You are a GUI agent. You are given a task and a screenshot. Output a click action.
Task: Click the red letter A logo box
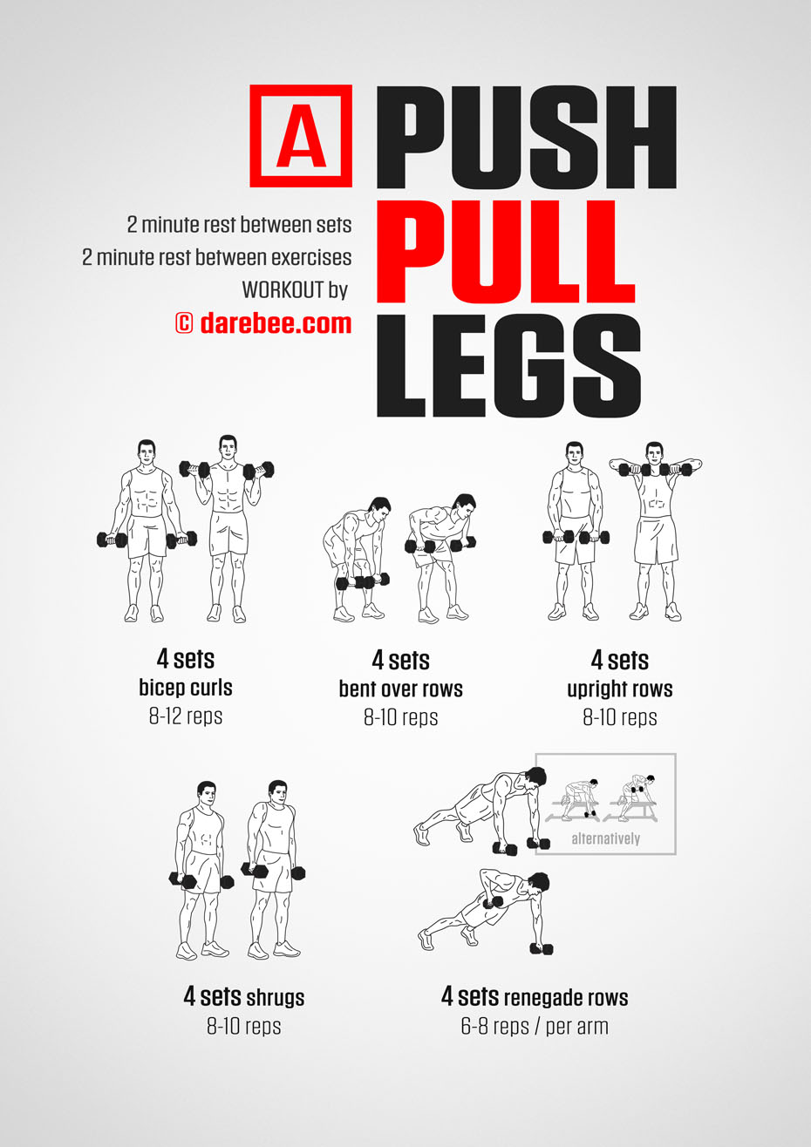coord(301,136)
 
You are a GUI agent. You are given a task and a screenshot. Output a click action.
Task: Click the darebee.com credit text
coord(263,323)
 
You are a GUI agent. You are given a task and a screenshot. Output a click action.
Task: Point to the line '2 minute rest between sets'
coord(239,225)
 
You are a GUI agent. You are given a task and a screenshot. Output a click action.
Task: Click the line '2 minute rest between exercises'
coord(217,258)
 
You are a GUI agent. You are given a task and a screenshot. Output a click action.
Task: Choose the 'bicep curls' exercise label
coord(186,688)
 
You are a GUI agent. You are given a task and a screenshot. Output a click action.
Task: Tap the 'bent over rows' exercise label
coord(400,689)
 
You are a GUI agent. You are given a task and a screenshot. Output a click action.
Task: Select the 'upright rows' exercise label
coord(619,689)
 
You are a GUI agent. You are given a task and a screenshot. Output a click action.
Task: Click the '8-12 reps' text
coord(186,716)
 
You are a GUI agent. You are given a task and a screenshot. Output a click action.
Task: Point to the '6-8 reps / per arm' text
coord(535,1026)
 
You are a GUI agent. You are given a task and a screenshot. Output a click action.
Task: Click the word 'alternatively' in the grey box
coord(605,838)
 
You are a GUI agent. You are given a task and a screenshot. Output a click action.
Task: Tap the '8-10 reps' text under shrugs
coord(244,1026)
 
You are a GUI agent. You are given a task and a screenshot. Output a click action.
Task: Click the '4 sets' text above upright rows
coord(619,660)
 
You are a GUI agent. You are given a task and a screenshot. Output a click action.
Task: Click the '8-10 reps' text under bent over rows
coord(400,717)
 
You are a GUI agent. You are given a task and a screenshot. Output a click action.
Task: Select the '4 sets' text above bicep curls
coord(186,659)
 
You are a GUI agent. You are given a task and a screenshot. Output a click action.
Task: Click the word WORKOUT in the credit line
coord(283,290)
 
